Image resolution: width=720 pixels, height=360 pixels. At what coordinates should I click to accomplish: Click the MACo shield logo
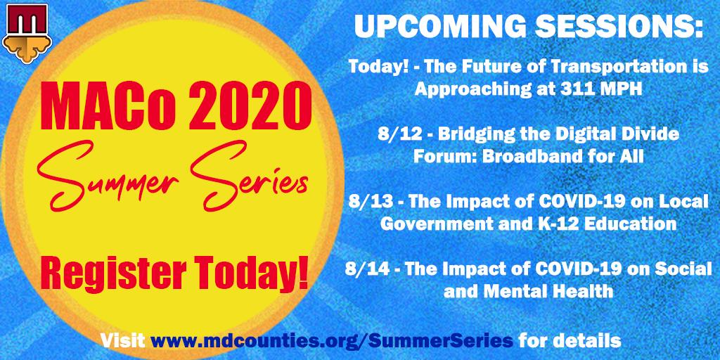[27, 32]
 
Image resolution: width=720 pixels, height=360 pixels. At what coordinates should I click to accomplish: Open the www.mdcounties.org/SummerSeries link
[332, 341]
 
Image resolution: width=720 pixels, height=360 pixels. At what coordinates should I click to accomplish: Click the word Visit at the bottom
[123, 341]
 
